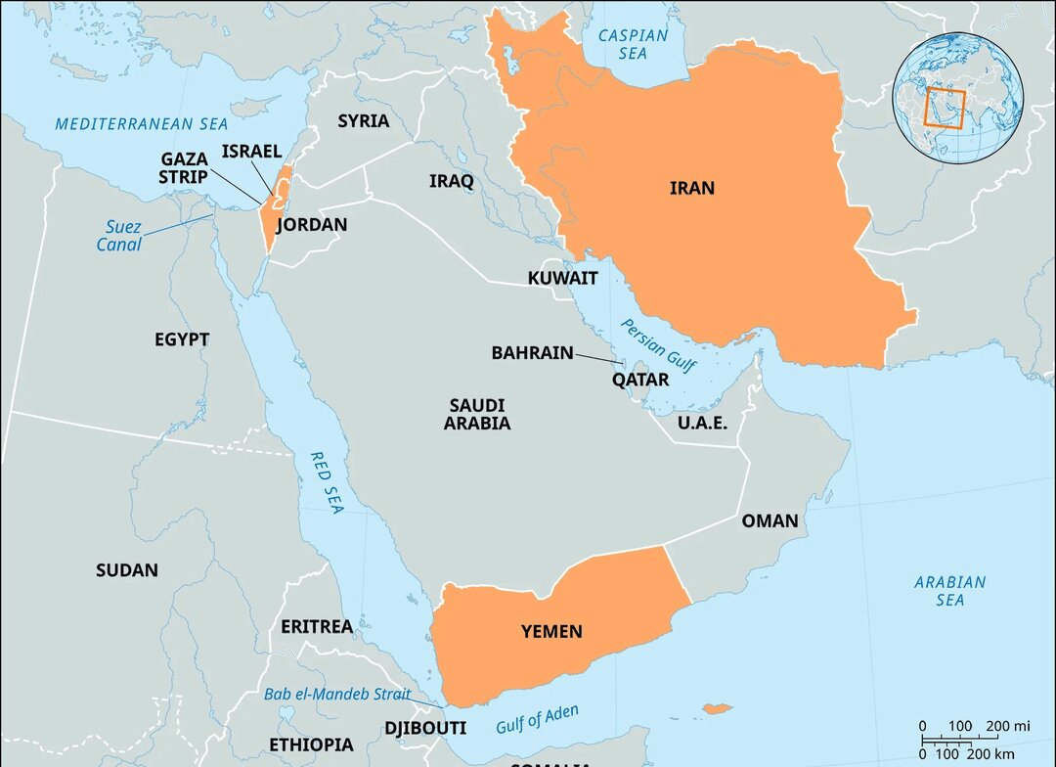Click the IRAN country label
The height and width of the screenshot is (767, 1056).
pos(691,188)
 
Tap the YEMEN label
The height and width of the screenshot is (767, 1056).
pos(550,632)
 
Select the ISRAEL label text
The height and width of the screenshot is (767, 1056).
pos(251,151)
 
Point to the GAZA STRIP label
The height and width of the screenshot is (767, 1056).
pos(184,167)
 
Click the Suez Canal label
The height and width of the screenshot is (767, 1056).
pos(118,236)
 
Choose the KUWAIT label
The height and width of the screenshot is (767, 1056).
pos(562,279)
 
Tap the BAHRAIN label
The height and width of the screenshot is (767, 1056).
pos(532,353)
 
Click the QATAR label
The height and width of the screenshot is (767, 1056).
pos(640,380)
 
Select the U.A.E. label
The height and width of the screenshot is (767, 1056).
pos(702,423)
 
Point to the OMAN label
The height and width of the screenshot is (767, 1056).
pos(770,520)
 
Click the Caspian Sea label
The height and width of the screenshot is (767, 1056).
pos(633,44)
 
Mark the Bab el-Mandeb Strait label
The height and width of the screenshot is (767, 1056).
pos(337,695)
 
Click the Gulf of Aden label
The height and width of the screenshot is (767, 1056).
pos(537,719)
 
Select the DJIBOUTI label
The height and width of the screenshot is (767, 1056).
pos(424,729)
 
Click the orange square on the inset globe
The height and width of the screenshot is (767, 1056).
pos(945,110)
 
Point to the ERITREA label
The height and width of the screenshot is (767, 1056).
pos(316,626)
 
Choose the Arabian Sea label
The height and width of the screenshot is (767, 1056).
pos(949,591)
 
